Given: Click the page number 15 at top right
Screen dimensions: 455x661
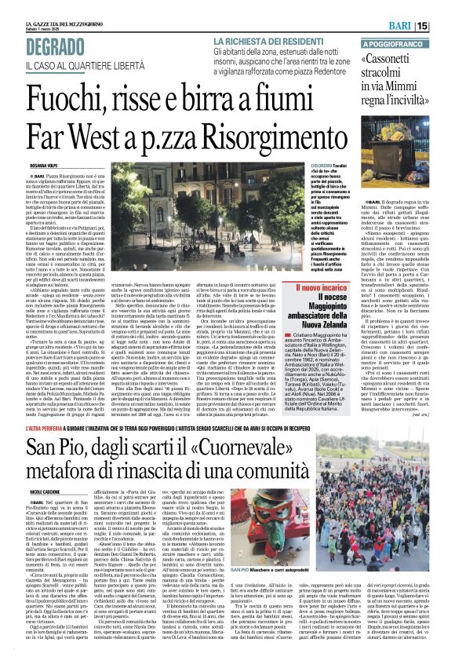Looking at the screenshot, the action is pos(445,26).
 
